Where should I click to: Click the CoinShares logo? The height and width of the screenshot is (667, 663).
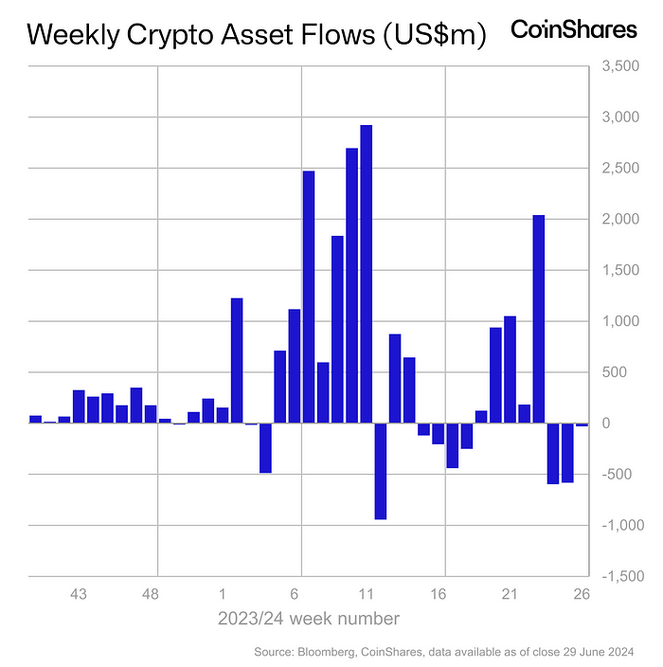coord(574,30)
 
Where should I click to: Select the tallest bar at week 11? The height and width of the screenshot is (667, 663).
coord(366,274)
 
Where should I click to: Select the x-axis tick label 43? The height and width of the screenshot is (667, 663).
coord(79,595)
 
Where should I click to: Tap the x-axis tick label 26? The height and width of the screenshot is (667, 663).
coord(581,595)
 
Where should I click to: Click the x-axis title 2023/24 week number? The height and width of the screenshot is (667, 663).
coord(308,619)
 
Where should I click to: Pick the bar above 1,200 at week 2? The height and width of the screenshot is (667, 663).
coord(237,360)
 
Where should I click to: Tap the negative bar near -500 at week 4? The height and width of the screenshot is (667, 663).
coord(265,448)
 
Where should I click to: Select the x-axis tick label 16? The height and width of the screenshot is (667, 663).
coord(438,595)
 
